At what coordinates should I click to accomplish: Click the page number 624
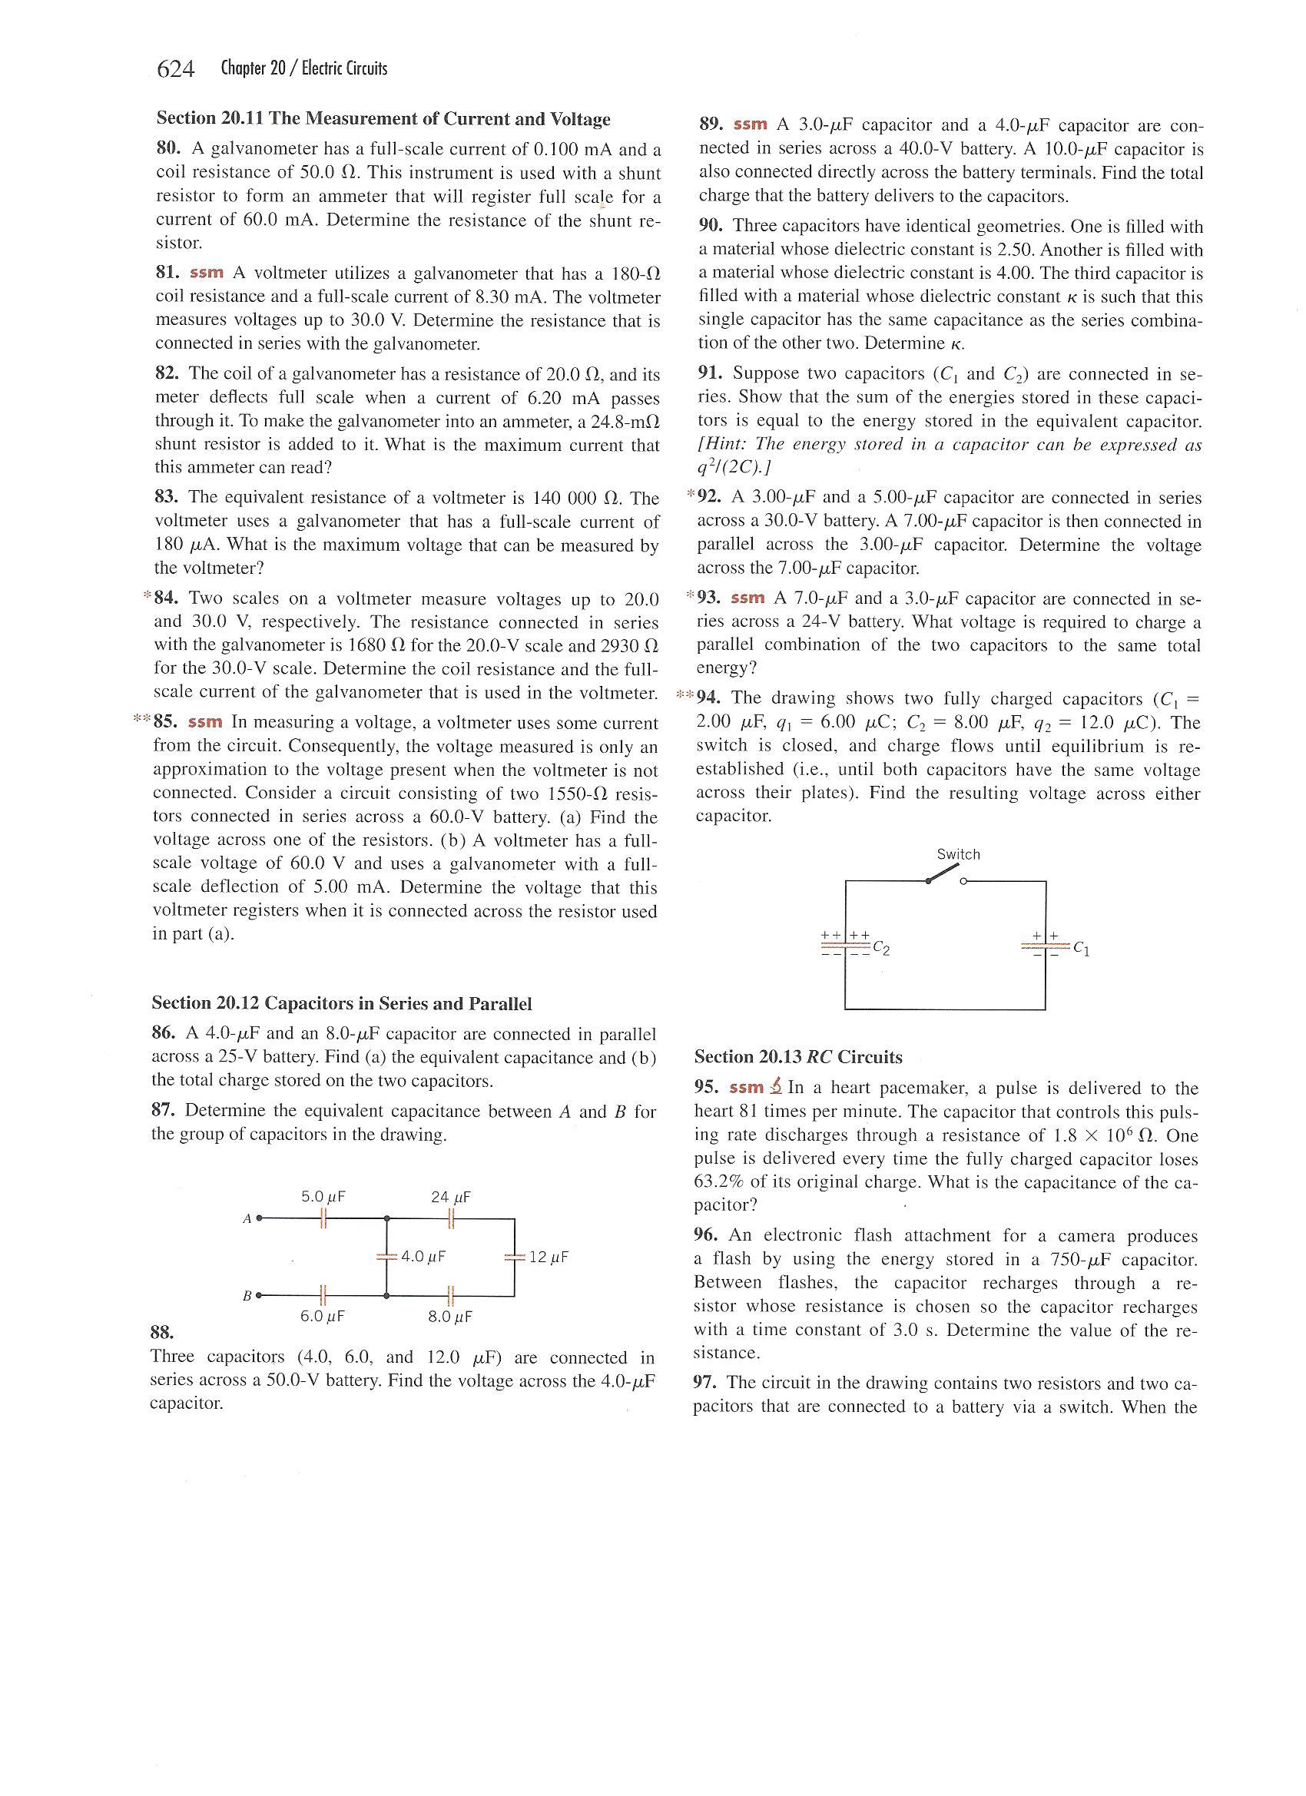(x=176, y=70)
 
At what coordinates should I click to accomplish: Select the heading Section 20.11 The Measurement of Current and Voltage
(x=383, y=119)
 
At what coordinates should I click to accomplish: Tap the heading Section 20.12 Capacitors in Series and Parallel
(x=341, y=1003)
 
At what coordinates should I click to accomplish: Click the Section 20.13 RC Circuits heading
(x=797, y=1056)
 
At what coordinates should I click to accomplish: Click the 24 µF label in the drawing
(x=451, y=1197)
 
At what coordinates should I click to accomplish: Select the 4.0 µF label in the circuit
(x=424, y=1256)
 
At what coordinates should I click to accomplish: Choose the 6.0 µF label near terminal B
(x=323, y=1316)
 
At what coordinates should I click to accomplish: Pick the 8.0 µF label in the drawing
(x=450, y=1317)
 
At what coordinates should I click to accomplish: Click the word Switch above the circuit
(x=958, y=853)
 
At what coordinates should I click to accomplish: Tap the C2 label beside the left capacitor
(x=881, y=949)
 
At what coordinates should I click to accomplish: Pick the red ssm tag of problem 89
(x=751, y=124)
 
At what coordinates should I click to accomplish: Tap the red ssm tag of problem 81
(x=207, y=273)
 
